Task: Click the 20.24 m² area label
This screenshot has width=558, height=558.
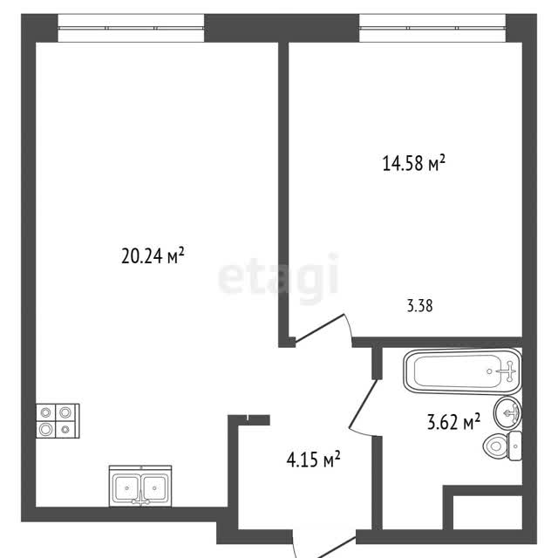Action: [153, 255]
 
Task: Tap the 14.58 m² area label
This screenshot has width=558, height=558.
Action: [414, 163]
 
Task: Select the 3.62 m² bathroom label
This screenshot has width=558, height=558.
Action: [453, 422]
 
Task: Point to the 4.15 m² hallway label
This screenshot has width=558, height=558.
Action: [314, 459]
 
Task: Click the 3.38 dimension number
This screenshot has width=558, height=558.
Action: [420, 306]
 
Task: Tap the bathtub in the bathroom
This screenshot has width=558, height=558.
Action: [462, 371]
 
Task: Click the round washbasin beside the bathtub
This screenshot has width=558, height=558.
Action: [507, 412]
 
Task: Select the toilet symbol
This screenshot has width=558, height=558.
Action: [502, 446]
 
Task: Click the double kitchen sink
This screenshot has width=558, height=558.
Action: [140, 486]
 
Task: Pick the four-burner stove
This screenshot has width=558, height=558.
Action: [58, 421]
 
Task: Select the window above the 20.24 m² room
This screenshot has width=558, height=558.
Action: [131, 28]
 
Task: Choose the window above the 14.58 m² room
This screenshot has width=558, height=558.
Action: [432, 28]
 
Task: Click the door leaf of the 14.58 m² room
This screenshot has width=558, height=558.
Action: [319, 329]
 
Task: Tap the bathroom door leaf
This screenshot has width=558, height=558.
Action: [363, 404]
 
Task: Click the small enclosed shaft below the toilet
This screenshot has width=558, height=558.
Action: [487, 514]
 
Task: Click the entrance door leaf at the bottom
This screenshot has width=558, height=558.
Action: [335, 548]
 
